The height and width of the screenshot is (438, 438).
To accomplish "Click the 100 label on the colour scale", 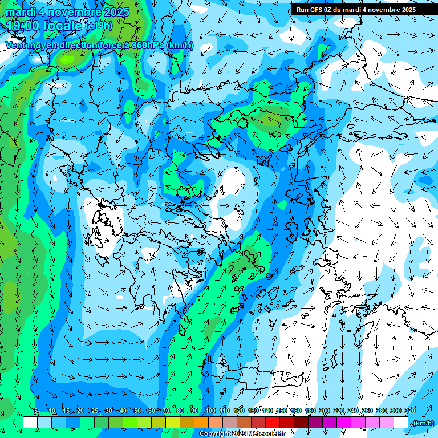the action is [210, 411].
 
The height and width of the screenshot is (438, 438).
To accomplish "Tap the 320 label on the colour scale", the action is [409, 411].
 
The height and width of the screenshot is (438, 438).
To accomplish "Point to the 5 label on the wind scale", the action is [36, 411].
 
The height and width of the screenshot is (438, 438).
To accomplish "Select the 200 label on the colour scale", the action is [325, 411].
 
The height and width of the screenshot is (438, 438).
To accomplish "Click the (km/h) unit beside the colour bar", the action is [423, 423].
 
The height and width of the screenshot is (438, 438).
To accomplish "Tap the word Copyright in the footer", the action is [215, 434].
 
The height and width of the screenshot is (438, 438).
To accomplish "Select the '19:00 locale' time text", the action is [44, 25].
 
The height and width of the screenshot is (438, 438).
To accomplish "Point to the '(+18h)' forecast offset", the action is [100, 26].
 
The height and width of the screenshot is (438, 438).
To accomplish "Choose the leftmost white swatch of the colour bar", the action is [30, 423].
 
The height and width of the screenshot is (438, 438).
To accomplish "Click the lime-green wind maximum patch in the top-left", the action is [68, 58].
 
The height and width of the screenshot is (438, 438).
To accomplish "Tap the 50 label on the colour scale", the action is [137, 411].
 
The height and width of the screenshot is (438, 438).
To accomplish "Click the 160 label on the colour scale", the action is [296, 411].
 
